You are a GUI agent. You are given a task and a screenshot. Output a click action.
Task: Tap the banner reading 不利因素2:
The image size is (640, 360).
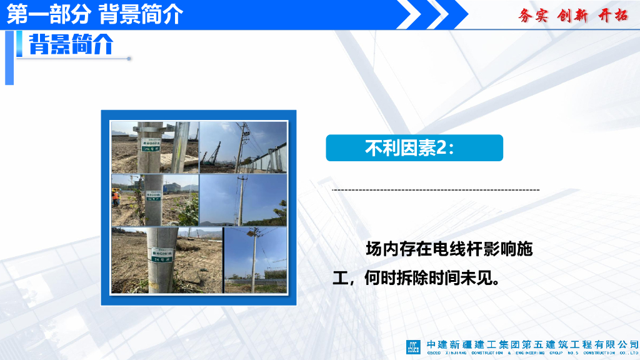[x=414, y=148]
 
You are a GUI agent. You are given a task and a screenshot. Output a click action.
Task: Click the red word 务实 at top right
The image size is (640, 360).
[x=532, y=16]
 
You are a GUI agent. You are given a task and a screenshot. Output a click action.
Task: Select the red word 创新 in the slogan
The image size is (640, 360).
[x=572, y=16]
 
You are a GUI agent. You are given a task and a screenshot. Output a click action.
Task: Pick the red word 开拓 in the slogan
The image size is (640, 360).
[x=612, y=16]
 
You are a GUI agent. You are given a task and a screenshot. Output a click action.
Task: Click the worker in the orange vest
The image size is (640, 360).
[x=116, y=197]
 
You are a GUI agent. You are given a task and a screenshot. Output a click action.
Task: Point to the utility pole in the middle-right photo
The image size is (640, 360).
[x=240, y=200]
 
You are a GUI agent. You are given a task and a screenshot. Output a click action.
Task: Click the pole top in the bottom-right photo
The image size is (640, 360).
[x=254, y=236]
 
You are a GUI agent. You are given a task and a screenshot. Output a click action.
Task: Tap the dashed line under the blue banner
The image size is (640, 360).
[x=436, y=189]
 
